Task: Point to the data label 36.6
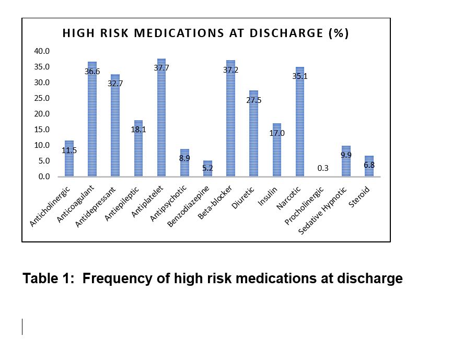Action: [92, 72]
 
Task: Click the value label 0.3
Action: [323, 168]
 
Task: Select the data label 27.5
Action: [253, 100]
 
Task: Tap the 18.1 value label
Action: [138, 129]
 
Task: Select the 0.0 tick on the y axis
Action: [44, 177]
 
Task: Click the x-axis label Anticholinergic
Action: [50, 207]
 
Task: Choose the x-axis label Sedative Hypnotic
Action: [328, 210]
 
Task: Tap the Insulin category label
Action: [270, 195]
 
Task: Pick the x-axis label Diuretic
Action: [246, 197]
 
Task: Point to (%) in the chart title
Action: [338, 33]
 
